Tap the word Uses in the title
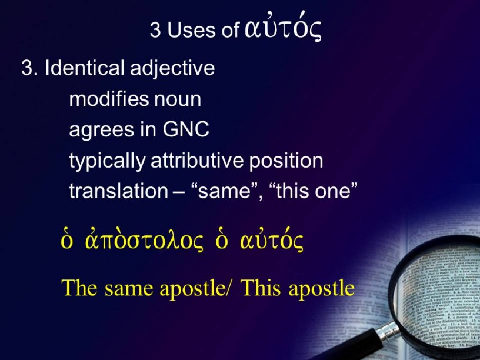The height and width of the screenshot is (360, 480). pos(191,30)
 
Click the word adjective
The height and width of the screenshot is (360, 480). pos(172,69)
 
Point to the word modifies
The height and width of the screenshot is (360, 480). pos(109,99)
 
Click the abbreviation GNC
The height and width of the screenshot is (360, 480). pos(186,129)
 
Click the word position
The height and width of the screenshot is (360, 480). pos(286,161)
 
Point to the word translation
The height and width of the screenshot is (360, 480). pos(118,191)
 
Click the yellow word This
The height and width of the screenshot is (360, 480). pos(261,288)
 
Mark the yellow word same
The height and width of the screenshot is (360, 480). pos(129,289)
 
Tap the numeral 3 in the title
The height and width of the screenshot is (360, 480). pos(155,30)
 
